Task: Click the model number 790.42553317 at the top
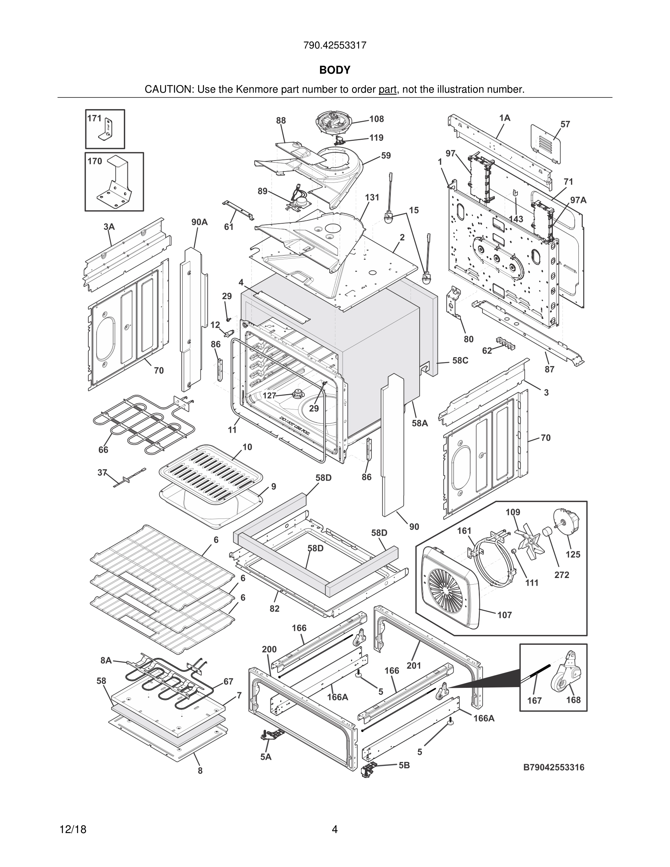335,45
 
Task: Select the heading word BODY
335,70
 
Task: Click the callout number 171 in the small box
94,118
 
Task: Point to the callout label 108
376,119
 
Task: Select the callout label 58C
460,361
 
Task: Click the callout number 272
562,575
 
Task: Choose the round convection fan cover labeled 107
448,587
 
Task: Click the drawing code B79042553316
554,767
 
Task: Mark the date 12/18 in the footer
73,829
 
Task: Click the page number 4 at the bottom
335,829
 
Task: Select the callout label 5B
404,765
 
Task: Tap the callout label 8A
106,660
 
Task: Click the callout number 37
103,473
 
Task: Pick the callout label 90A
199,222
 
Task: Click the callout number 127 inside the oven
269,396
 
